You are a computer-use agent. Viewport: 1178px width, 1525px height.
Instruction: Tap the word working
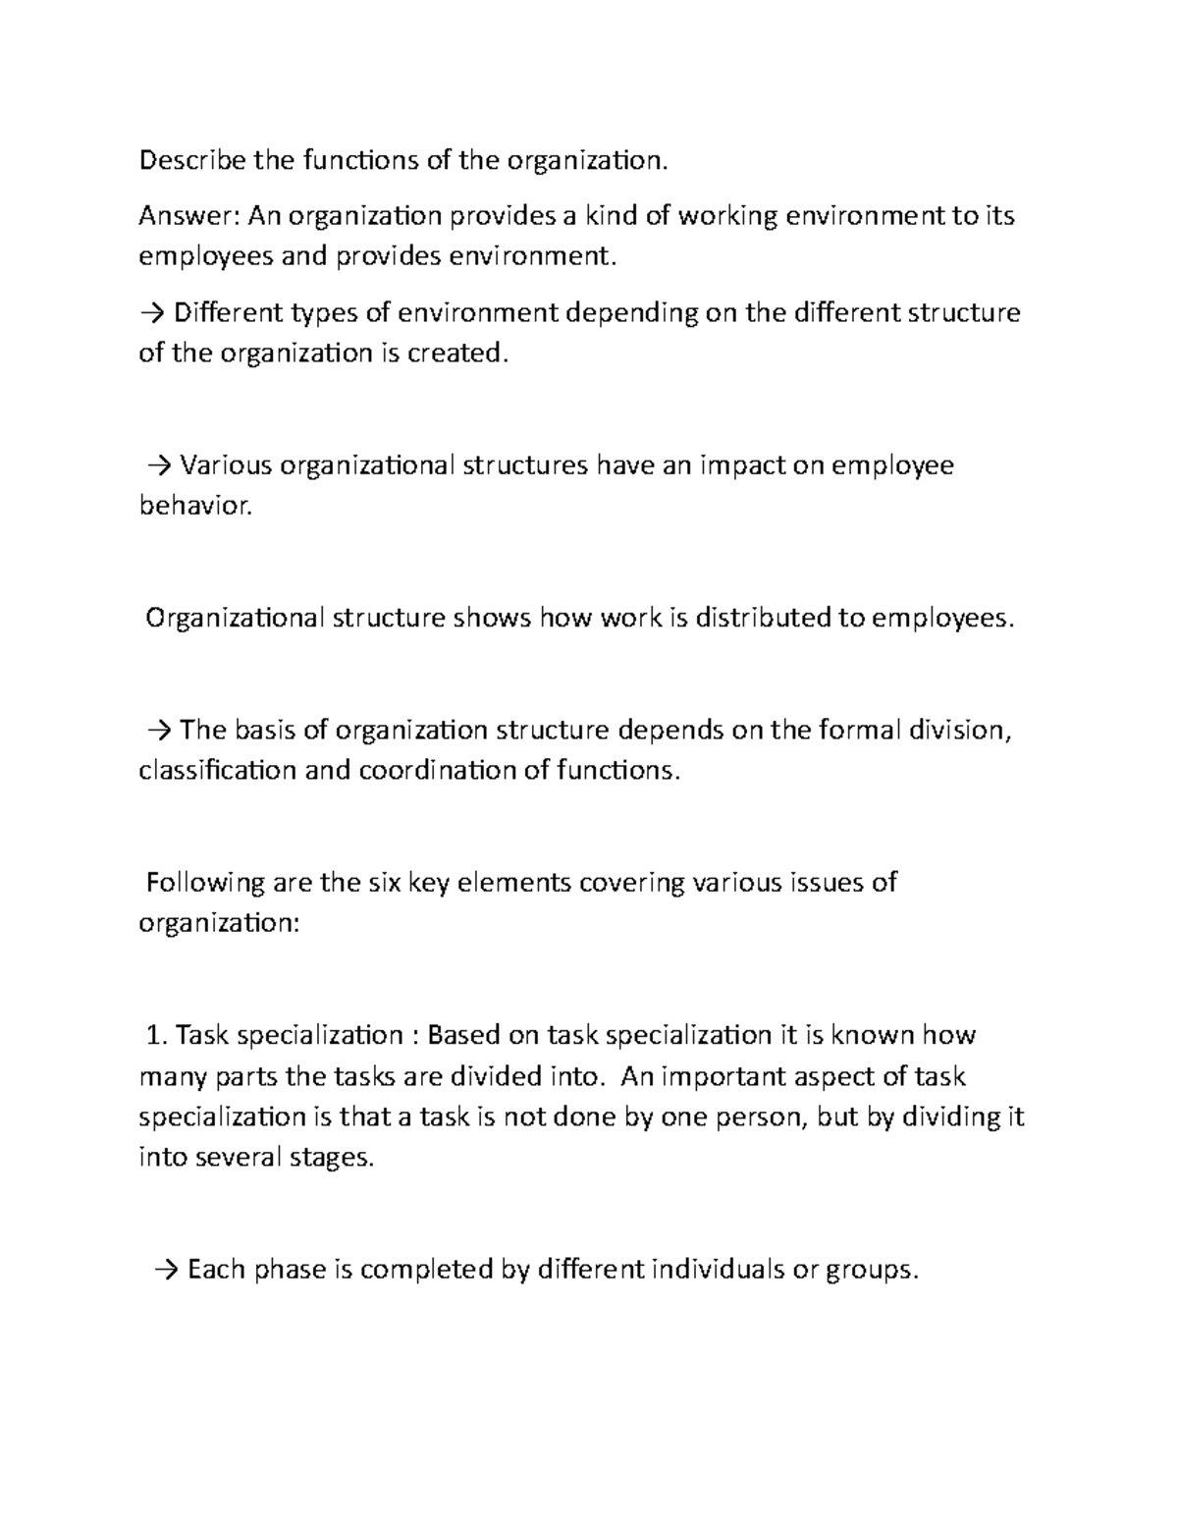726,215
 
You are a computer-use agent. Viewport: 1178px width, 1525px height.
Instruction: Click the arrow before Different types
153,313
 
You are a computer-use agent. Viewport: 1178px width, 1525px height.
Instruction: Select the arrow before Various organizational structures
158,464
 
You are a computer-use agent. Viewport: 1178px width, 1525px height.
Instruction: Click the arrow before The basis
158,731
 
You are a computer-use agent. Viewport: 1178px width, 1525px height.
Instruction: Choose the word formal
859,731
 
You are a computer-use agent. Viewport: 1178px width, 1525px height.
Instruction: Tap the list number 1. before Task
157,1035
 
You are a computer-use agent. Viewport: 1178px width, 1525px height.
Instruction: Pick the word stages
331,1158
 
